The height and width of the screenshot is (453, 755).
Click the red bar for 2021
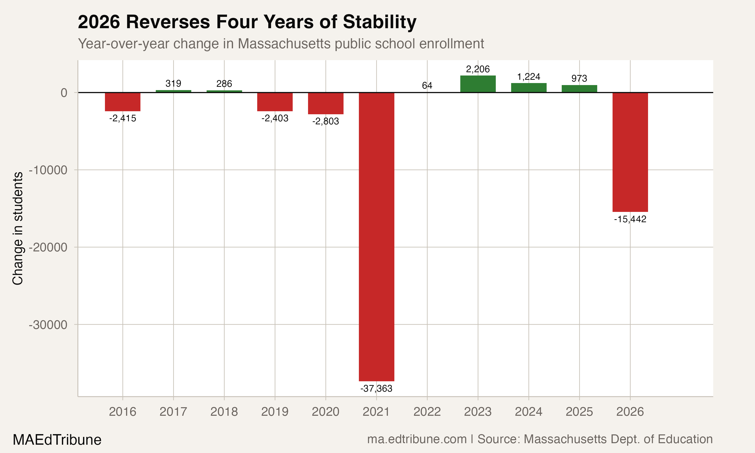pos(376,237)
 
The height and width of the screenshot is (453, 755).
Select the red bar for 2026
pos(630,152)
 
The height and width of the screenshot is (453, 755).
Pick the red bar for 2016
pos(123,102)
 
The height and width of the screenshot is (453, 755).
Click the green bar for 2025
pos(579,89)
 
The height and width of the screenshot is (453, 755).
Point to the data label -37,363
pos(376,389)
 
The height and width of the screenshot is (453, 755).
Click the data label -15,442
pos(630,219)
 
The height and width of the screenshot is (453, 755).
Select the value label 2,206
pos(478,69)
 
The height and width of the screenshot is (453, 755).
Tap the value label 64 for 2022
pos(427,86)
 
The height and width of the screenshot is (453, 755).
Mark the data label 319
pos(173,83)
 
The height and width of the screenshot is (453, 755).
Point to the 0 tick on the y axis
pos(64,93)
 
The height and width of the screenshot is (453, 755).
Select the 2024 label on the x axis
pos(528,412)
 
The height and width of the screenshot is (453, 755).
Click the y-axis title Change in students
pos(18,228)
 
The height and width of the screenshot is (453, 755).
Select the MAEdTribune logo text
pos(57,440)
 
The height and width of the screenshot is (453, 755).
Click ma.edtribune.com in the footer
pos(417,439)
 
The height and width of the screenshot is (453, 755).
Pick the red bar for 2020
pos(326,103)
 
